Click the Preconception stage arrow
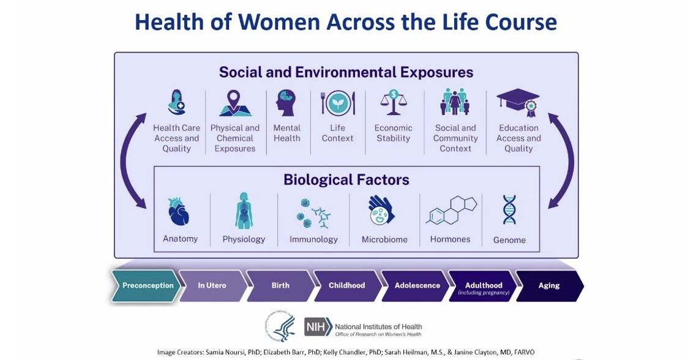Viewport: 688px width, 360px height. click(147, 285)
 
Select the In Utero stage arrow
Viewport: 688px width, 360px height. click(212, 285)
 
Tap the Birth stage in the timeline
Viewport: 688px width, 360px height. click(280, 285)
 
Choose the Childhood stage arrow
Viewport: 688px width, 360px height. click(346, 285)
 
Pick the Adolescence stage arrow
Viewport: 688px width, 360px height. click(416, 285)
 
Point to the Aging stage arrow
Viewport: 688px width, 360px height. click(549, 285)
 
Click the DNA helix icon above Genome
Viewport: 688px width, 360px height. click(509, 210)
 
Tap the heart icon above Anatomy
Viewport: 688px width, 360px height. click(179, 212)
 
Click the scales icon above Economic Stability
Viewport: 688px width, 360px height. click(392, 102)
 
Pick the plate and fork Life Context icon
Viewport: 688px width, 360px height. click(338, 102)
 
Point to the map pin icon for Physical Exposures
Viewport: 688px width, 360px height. click(235, 103)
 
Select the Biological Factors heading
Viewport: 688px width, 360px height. click(346, 179)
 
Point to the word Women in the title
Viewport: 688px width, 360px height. click(279, 22)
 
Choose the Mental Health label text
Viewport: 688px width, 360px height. click(286, 133)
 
